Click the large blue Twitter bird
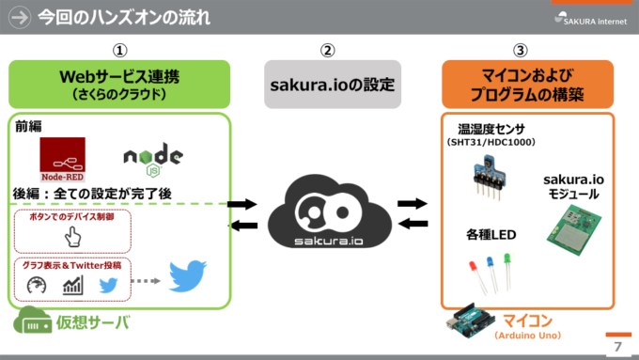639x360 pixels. click(x=187, y=276)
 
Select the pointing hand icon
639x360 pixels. click(x=72, y=237)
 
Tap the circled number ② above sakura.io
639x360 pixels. click(x=326, y=51)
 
